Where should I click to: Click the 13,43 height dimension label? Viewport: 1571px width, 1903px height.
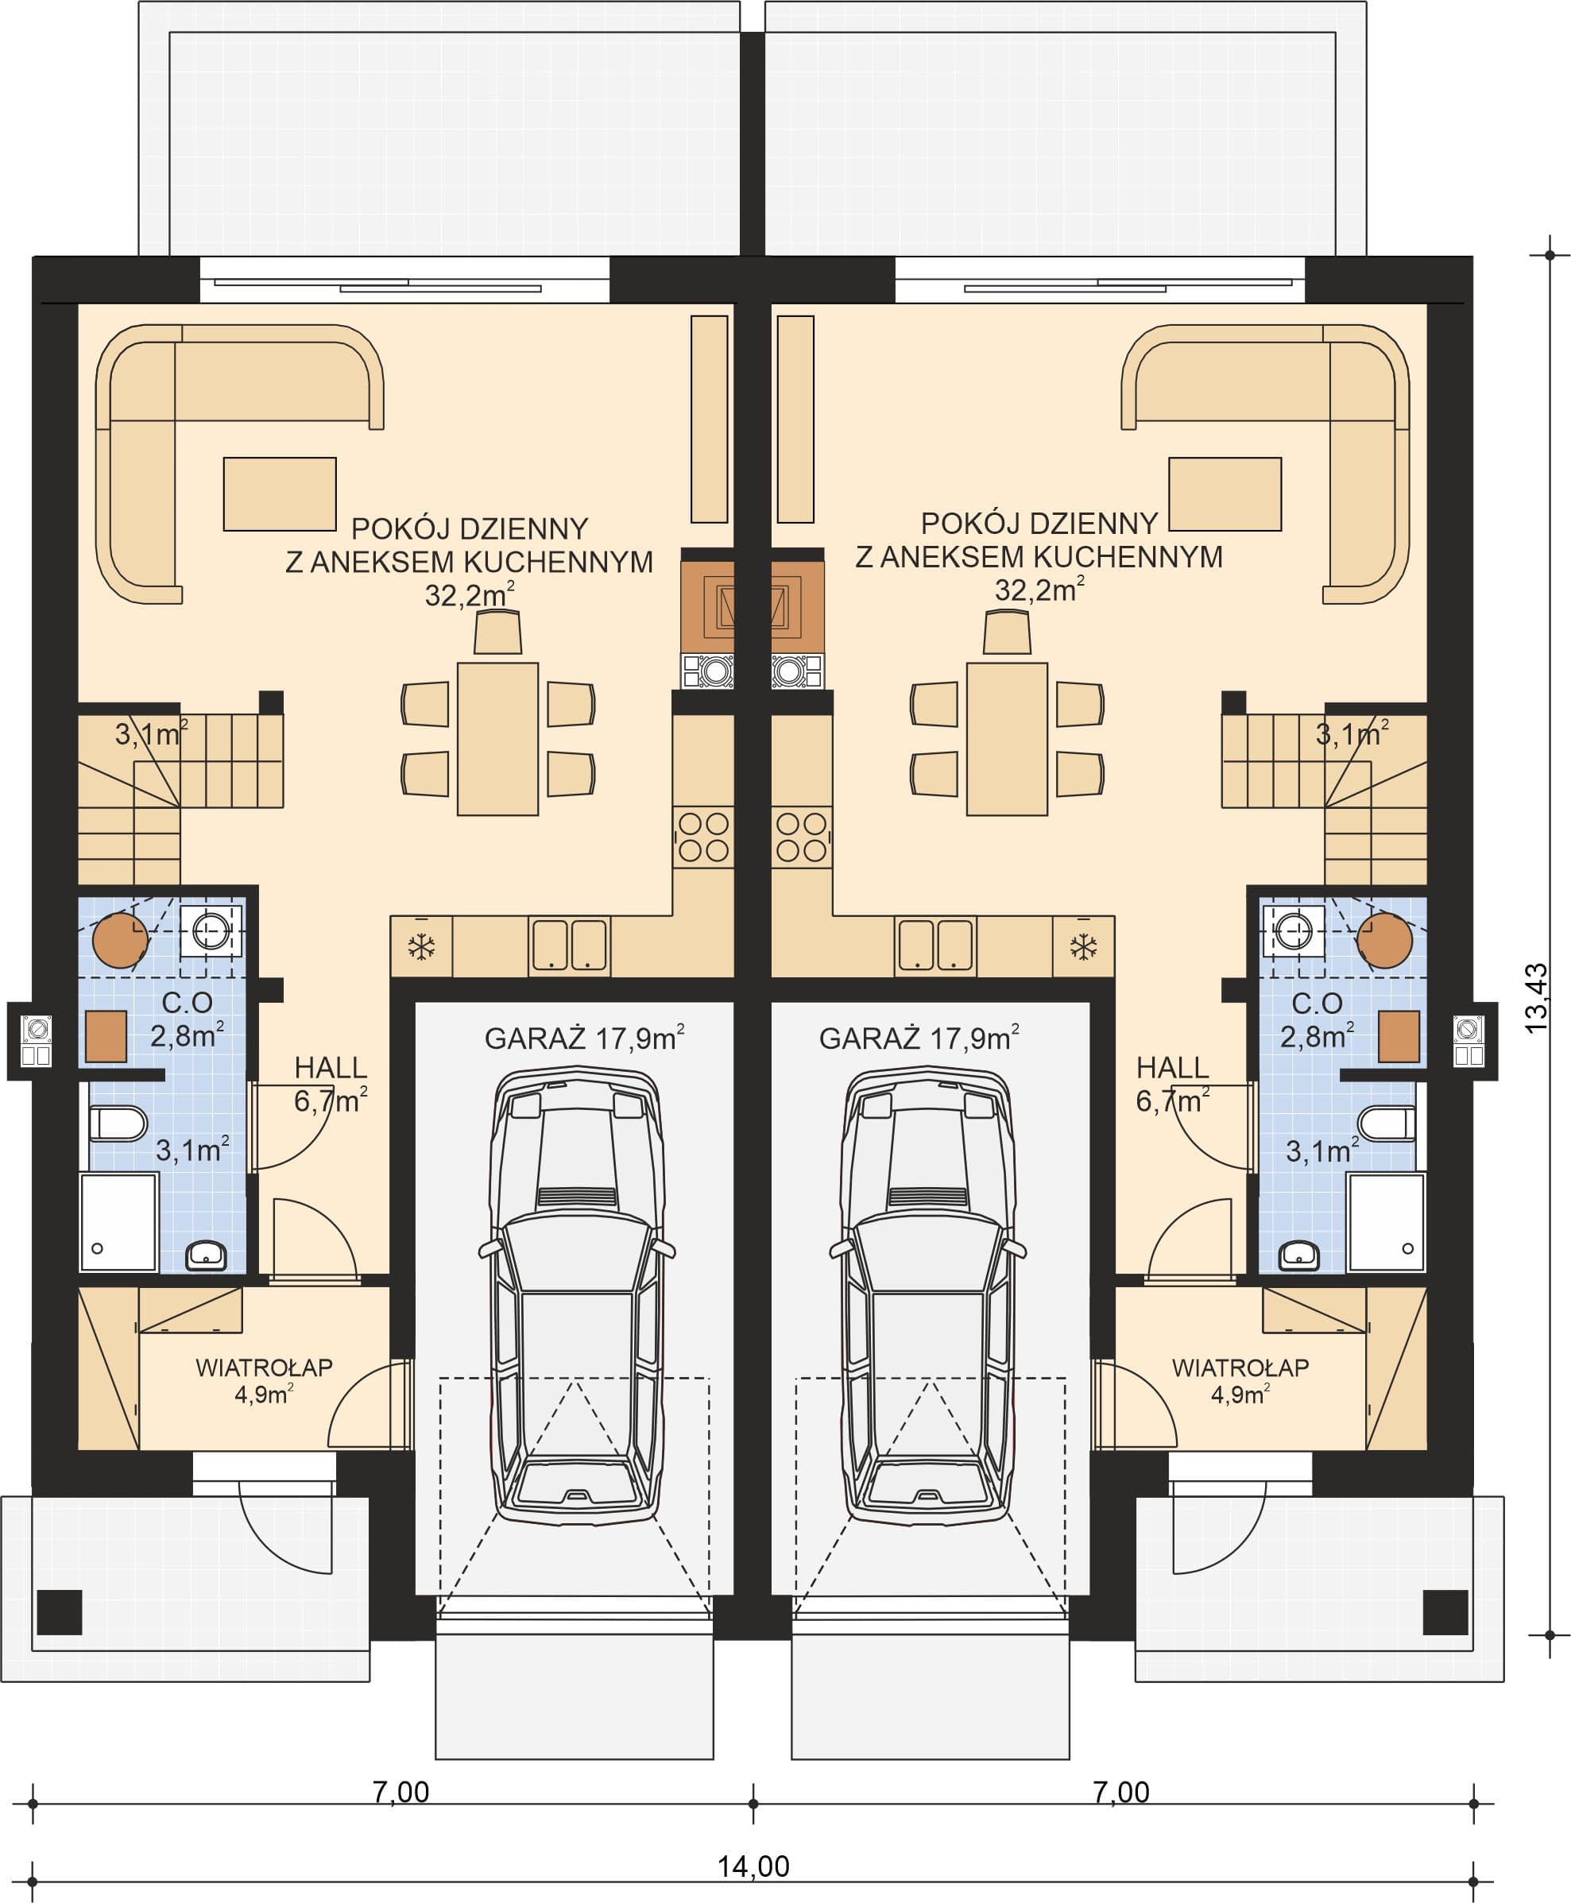(1537, 999)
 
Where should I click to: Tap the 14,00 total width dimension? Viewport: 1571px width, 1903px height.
(753, 1866)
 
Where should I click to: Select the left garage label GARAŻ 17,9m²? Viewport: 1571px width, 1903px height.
(584, 1037)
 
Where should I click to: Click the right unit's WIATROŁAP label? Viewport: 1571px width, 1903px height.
(1240, 1367)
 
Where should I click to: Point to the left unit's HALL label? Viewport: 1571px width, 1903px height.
(331, 1068)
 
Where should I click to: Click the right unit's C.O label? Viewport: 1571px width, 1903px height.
(1317, 1003)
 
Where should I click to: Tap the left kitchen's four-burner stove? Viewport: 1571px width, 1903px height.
(703, 837)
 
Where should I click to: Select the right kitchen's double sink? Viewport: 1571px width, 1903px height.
(934, 946)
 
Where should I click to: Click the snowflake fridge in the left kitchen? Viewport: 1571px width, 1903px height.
(421, 946)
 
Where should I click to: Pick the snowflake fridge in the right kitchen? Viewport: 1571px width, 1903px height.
(1083, 946)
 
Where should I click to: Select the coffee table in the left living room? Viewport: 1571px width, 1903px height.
(280, 493)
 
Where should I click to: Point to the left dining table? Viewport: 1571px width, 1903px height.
(497, 739)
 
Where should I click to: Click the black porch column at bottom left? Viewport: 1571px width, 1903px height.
(60, 1611)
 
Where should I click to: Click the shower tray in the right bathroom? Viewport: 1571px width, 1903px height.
(1386, 1223)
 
